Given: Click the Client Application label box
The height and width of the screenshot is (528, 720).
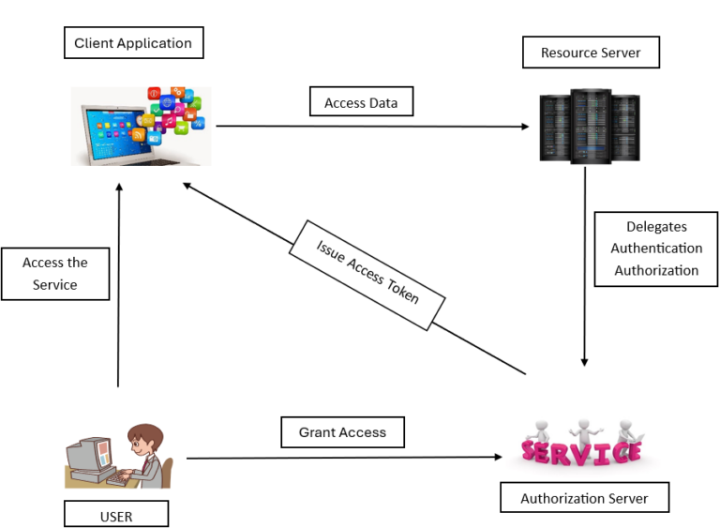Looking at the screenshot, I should [133, 43].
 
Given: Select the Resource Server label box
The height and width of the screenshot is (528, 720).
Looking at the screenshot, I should [591, 53].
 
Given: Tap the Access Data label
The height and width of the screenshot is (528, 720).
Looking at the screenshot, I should [361, 102].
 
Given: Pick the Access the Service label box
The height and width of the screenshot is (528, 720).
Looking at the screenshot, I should [55, 274].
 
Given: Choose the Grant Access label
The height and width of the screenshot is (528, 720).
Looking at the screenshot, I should [342, 432].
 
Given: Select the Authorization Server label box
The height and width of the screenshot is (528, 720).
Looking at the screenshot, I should [584, 498].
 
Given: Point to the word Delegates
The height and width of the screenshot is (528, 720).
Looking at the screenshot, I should [656, 226].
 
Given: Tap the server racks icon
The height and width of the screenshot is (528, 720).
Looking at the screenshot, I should [590, 126].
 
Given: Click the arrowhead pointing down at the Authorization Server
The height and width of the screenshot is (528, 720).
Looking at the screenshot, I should [585, 361].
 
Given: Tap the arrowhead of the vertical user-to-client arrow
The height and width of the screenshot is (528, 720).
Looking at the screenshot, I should [119, 188].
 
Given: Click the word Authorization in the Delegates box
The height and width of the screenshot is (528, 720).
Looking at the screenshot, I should [656, 270].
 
